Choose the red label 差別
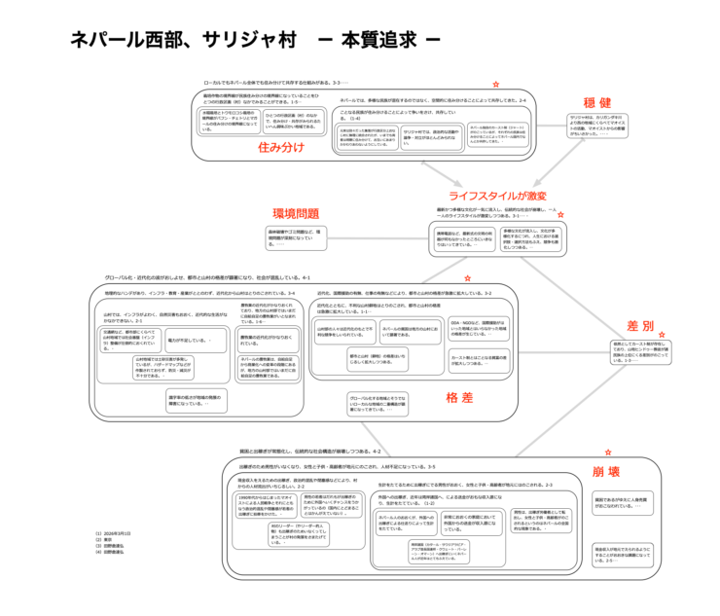639,324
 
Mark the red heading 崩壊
609,471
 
